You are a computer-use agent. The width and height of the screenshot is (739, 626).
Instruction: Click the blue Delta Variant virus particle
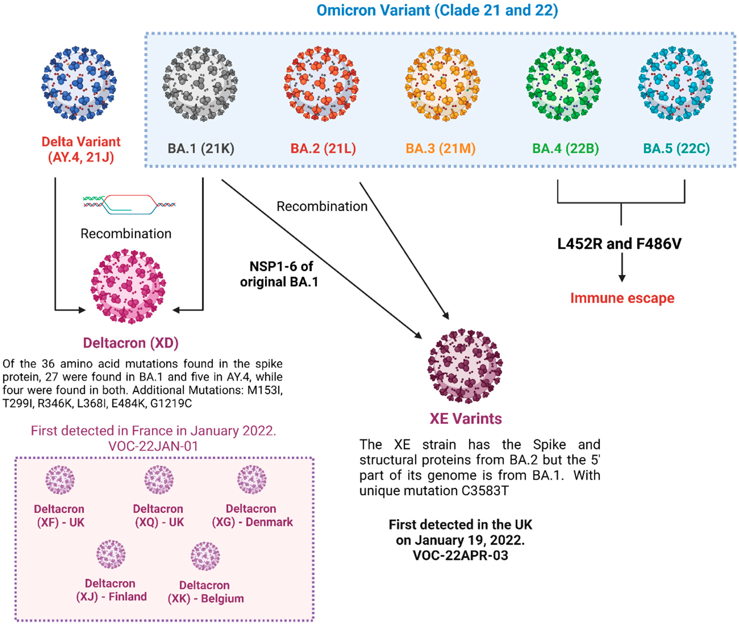pos(79,83)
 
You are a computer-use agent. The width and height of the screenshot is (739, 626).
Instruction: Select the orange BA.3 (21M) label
pos(440,148)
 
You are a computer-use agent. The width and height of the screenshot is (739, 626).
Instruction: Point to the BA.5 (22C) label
pos(676,148)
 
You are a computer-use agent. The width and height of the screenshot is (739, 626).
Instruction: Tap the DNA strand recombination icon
pos(129,204)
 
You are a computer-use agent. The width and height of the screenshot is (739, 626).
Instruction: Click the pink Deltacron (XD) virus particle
pos(128,286)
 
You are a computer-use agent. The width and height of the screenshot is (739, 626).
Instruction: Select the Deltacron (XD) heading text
pos(131,343)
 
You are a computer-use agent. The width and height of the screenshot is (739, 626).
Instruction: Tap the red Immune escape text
pos(622,298)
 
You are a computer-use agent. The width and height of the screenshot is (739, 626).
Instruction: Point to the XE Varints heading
pos(465,419)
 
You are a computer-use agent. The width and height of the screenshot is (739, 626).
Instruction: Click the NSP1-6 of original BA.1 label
pos(280,274)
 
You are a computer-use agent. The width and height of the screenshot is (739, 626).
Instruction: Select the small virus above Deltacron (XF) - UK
pos(60,480)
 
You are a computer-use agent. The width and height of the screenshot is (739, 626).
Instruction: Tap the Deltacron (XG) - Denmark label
pos(252,515)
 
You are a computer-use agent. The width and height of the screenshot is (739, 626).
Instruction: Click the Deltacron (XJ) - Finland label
pos(111,590)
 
